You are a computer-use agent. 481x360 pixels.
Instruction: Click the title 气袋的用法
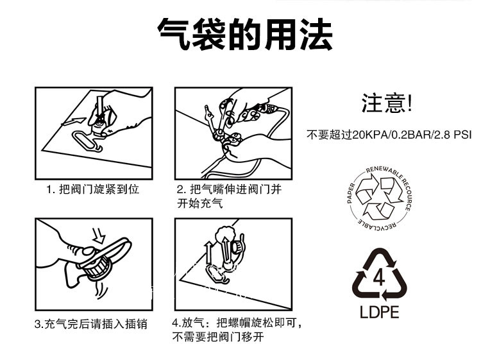245,35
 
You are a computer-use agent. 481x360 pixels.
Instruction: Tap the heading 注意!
387,103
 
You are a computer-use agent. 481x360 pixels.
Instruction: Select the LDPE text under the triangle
379,312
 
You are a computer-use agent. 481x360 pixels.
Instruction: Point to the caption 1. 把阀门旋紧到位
93,189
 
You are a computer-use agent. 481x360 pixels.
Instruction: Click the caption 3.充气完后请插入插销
91,324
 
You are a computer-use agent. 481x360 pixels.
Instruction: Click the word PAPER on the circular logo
351,193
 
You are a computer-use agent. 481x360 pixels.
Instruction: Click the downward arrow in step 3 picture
99,236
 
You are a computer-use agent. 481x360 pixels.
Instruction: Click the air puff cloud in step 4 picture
226,234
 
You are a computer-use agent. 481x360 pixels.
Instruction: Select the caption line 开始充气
199,203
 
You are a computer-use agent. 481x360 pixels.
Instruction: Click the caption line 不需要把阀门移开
218,337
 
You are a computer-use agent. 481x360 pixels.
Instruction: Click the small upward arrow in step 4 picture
209,253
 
